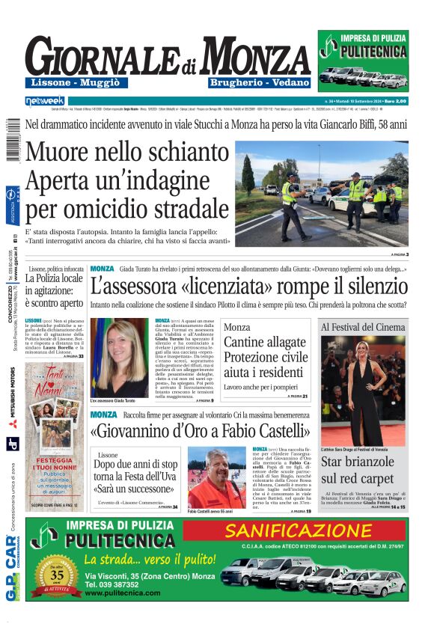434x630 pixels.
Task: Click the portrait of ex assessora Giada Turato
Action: tap(118, 359)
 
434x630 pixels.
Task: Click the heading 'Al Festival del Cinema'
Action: tap(363, 327)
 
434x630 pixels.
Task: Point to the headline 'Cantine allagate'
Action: tap(265, 342)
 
